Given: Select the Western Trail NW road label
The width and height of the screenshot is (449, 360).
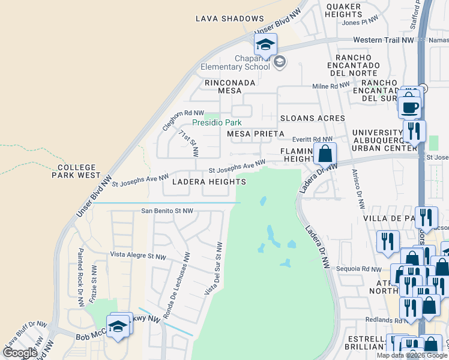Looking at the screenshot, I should pos(392,40).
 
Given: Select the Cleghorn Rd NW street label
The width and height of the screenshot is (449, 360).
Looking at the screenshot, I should pos(180,116).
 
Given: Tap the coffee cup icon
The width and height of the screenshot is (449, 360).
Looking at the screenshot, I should pos(411,106).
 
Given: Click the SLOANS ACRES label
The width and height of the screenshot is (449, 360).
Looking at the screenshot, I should pos(312,118).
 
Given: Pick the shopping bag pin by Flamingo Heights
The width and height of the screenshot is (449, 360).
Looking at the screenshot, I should pos(325,154).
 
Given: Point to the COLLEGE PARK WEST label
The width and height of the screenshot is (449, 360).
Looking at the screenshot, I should pos(80,171).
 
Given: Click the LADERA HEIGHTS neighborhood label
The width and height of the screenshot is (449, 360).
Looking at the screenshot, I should pos(208,181).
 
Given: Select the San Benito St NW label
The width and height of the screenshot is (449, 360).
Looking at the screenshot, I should pos(167,211).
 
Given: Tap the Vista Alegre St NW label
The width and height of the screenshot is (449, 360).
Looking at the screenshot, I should pos(137,255).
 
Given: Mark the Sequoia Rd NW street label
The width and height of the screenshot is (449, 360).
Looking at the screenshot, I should pos(358,269).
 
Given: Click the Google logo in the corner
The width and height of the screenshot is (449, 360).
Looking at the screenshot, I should pos(20,353).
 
